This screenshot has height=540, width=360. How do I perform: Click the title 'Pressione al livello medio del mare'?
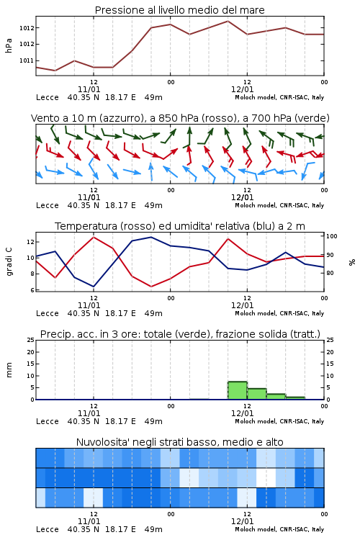(179, 10)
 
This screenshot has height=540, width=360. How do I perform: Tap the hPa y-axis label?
(9, 45)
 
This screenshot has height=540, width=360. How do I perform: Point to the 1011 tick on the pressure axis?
(27, 60)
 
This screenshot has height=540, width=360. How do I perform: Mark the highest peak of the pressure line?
(228, 21)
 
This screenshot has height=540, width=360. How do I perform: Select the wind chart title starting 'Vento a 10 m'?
(180, 118)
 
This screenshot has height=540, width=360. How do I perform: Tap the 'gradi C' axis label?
(9, 261)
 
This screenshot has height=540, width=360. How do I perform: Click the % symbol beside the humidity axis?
(352, 262)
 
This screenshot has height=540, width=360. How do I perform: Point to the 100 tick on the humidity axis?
(332, 236)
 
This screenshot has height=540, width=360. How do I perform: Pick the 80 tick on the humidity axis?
(330, 273)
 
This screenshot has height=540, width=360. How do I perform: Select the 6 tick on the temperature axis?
(32, 290)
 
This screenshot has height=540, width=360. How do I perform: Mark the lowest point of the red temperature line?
(151, 287)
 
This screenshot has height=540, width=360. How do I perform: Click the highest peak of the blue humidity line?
(151, 237)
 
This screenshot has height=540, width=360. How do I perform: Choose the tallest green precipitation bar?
(238, 390)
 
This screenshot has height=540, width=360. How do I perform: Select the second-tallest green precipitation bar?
(256, 394)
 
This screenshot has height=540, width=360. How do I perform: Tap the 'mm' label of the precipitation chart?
(9, 370)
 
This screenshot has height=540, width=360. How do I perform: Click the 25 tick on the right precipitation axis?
(330, 340)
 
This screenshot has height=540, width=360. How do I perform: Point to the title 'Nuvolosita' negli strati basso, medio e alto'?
(179, 442)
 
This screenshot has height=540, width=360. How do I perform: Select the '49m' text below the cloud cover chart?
(153, 529)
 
